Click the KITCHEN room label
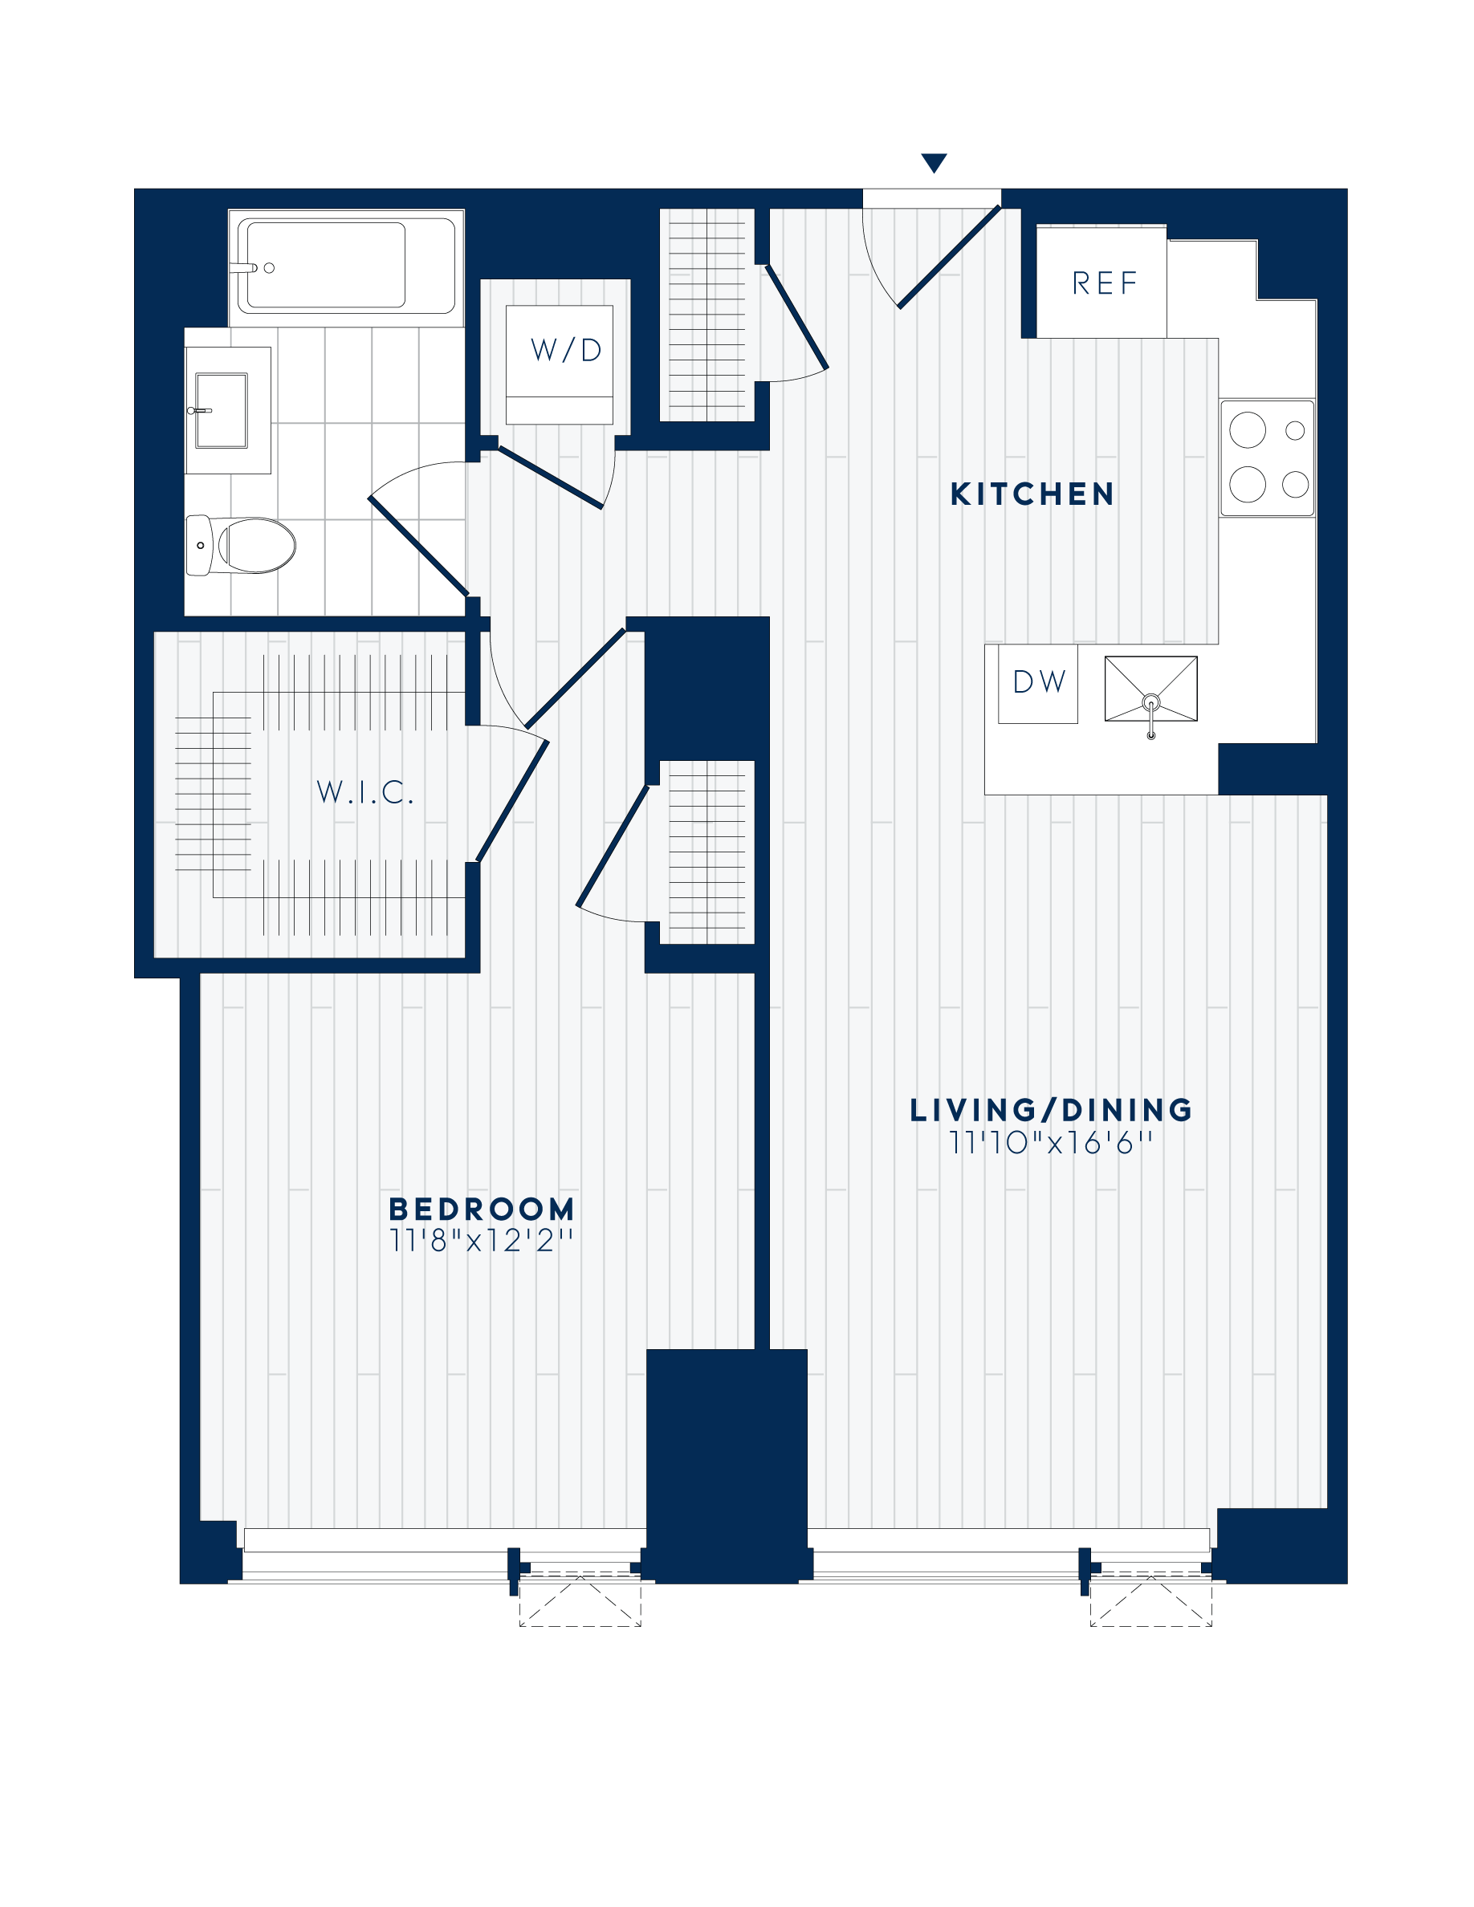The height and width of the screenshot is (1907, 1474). tap(1032, 494)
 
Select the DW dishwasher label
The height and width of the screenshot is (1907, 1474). tap(1038, 682)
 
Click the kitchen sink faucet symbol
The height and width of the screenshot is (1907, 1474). tap(1151, 704)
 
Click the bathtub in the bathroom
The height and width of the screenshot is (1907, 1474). tap(347, 266)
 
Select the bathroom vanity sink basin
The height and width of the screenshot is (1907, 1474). tap(221, 409)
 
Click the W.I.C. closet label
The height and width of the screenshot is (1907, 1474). tap(364, 792)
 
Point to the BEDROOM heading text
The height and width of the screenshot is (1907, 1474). tap(482, 1210)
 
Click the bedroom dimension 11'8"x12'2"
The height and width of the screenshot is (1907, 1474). tap(481, 1241)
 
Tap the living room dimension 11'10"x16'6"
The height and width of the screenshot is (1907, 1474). tap(1050, 1143)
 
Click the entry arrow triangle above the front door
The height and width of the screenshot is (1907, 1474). tap(934, 162)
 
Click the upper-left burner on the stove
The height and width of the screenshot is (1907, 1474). tap(1247, 429)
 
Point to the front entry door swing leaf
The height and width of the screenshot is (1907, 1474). tap(949, 257)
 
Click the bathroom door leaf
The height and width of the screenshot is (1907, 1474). tap(417, 546)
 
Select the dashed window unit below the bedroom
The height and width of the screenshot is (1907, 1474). tap(580, 1603)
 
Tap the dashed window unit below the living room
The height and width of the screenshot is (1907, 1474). tap(1151, 1603)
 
